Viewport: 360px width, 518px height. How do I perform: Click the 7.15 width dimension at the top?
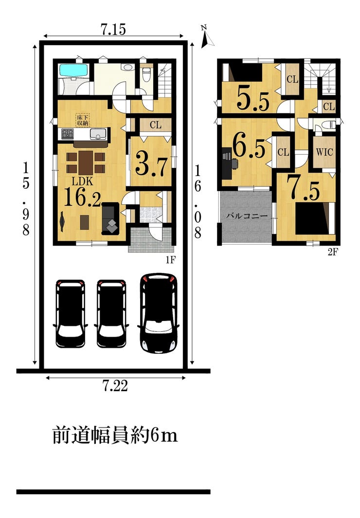point(113,30)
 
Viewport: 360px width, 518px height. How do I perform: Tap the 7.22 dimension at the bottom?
point(115,386)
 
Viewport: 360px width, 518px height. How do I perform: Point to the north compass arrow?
point(207,37)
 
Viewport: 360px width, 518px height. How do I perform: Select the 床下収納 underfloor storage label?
point(83,120)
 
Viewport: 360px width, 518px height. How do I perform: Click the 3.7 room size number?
point(151,163)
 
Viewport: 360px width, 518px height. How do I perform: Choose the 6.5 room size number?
point(249,146)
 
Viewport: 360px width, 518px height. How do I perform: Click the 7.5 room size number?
point(303,188)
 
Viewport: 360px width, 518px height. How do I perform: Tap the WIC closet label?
point(324,152)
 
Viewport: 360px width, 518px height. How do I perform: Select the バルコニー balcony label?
point(247,216)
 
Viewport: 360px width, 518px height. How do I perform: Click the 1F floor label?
point(170,261)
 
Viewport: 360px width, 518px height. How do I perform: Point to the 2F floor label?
point(333,252)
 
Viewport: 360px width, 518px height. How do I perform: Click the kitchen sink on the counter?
point(98,134)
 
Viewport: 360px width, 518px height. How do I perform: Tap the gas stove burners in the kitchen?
point(67,133)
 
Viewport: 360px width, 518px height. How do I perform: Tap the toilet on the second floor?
point(326,125)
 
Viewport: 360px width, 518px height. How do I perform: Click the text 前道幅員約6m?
point(115,435)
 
